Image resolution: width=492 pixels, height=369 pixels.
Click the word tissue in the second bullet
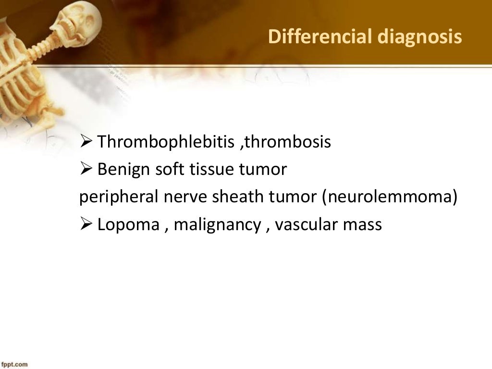pos(211,170)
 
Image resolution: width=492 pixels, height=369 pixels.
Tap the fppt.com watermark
pos(14,364)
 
